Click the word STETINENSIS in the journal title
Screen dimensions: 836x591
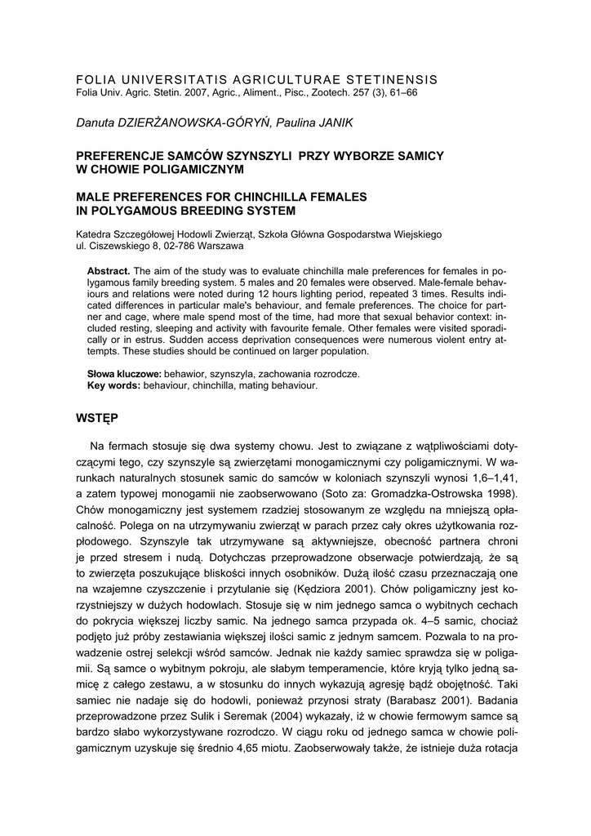point(392,79)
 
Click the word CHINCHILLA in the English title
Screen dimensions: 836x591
point(260,197)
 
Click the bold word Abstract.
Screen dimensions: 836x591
point(109,270)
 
